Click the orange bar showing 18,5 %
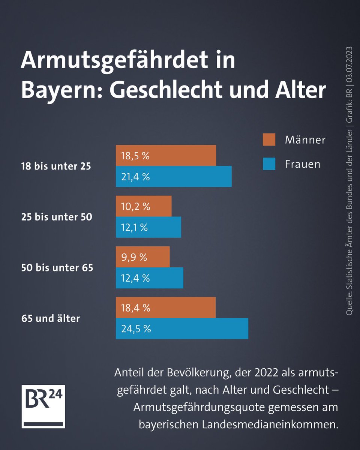coord(166,156)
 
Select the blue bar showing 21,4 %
coord(174,177)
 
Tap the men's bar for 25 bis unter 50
coord(144,206)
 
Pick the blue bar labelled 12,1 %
coord(148,227)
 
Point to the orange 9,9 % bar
coord(142,257)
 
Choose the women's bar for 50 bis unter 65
coord(149,278)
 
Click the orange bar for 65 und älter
coord(165,308)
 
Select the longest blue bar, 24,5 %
coord(182,329)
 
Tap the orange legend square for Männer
coord(269,139)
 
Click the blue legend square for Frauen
coord(269,164)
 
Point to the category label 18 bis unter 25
coord(56,166)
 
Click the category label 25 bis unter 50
coord(57,217)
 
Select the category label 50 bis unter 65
coord(57,268)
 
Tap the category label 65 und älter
coord(51,319)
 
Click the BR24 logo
coord(43,406)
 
